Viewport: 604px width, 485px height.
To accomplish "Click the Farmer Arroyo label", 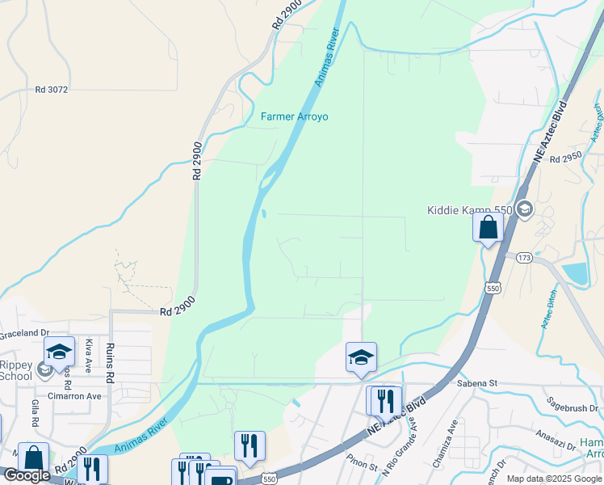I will pyautogui.click(x=294, y=116).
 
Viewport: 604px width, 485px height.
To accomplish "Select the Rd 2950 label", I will pyautogui.click(x=565, y=160).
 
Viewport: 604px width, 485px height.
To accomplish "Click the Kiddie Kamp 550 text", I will pyautogui.click(x=470, y=210).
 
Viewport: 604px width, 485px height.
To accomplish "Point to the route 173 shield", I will pyautogui.click(x=524, y=257).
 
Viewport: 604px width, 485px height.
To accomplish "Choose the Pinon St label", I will pyautogui.click(x=362, y=466).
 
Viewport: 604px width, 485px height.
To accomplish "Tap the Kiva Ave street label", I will pyautogui.click(x=87, y=356).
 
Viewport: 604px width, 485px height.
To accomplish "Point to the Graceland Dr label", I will pyautogui.click(x=24, y=331).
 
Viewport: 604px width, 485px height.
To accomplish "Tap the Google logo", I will pyautogui.click(x=27, y=475).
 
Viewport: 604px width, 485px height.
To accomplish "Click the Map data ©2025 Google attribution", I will pyautogui.click(x=553, y=479).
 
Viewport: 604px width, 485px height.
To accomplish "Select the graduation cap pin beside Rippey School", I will pyautogui.click(x=59, y=352).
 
